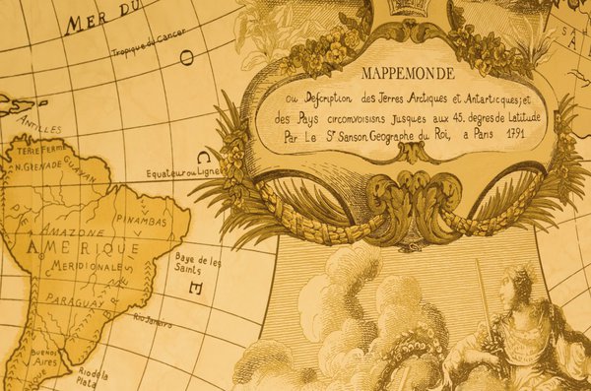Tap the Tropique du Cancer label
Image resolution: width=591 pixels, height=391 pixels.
[148, 46]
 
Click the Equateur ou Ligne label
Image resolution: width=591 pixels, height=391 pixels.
[182, 171]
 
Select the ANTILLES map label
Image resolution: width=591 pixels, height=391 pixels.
[41, 128]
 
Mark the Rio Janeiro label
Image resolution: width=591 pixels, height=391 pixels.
[153, 321]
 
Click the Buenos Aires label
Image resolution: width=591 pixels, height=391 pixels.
[46, 358]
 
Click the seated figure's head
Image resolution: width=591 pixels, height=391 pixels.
[515, 291]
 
